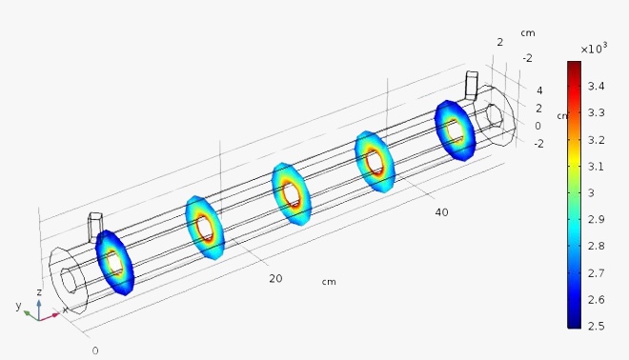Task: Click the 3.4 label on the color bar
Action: tap(596, 86)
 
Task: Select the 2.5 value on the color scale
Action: tap(596, 326)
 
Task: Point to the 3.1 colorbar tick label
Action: tap(596, 166)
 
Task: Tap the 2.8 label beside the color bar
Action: tap(596, 246)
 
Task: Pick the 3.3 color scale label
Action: tap(596, 112)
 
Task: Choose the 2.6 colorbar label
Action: tap(596, 299)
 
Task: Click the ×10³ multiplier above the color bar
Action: tap(594, 49)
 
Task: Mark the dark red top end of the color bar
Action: tap(574, 63)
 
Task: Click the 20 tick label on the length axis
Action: tap(275, 278)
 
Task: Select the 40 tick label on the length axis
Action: tap(441, 212)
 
